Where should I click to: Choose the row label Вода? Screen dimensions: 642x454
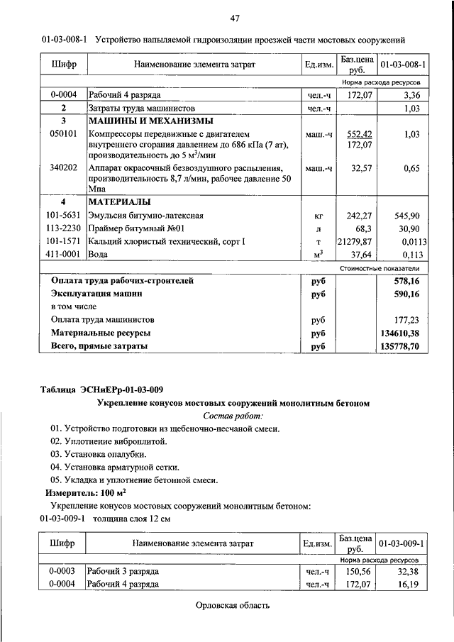tap(99, 256)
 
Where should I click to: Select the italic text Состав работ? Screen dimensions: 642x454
tap(233, 416)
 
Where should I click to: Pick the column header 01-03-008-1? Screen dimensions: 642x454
tap(403, 65)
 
